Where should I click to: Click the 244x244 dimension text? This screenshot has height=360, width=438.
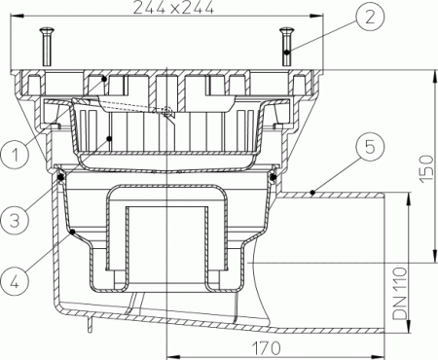[170, 9]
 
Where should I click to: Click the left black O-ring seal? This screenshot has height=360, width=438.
[60, 175]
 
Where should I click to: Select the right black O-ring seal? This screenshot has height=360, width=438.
[274, 175]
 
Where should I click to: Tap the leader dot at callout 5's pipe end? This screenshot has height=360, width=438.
[310, 194]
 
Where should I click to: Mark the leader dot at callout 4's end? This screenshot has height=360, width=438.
[73, 231]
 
